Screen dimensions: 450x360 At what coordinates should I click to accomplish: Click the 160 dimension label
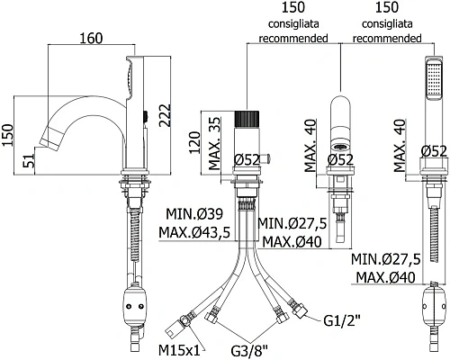pos(92,39)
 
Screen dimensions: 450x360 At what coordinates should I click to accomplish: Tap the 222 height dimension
pos(165,115)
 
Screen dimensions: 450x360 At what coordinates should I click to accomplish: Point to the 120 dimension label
pos(194,142)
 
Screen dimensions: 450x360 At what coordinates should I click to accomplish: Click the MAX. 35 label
pos(214,144)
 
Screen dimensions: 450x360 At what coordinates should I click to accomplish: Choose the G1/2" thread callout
pos(341,321)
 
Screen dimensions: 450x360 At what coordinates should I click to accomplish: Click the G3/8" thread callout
pos(249,350)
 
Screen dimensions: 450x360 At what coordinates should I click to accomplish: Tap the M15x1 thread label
pos(179,350)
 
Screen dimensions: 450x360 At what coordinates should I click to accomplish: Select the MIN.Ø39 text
pos(194,214)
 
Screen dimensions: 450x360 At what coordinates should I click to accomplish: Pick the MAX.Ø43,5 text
pos(194,232)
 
